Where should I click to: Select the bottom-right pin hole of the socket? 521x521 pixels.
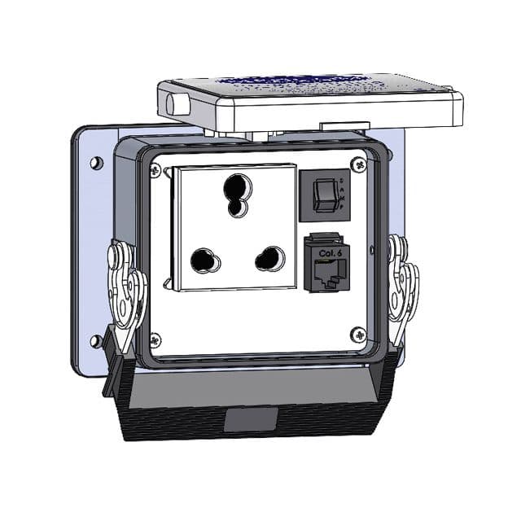click(x=269, y=260)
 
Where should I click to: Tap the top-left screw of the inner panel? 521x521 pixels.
click(x=155, y=169)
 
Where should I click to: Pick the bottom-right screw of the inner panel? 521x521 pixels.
click(x=357, y=333)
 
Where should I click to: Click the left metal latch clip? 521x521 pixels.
click(x=126, y=293)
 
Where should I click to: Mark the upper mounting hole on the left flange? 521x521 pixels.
click(x=97, y=163)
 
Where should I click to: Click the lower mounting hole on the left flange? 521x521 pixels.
click(x=97, y=340)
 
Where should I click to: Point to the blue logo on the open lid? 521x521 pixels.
click(x=301, y=82)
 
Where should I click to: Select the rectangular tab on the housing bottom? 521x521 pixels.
click(x=251, y=419)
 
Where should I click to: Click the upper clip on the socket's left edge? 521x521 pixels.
click(x=168, y=173)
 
